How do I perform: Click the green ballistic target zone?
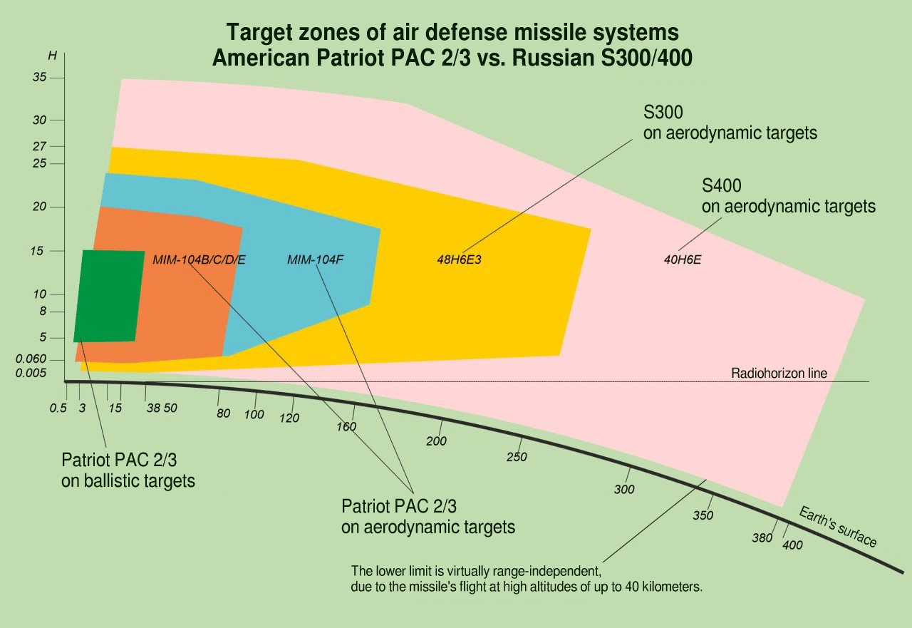click(x=109, y=296)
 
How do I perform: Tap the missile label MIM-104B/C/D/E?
click(x=199, y=259)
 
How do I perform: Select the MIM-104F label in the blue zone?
click(x=316, y=259)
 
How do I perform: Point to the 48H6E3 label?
click(x=460, y=259)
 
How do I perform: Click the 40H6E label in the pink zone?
click(x=683, y=259)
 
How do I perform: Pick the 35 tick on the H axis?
click(x=39, y=77)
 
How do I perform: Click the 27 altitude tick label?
click(x=39, y=146)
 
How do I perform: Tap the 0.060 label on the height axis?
click(x=31, y=359)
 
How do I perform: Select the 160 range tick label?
click(x=346, y=427)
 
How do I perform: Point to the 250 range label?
click(x=517, y=457)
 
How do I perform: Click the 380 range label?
click(x=762, y=537)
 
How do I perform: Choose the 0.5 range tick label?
click(x=58, y=408)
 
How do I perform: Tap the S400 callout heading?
click(x=722, y=187)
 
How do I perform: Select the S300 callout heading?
click(x=663, y=113)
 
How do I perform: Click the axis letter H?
click(x=52, y=55)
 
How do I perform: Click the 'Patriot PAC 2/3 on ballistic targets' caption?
click(x=128, y=470)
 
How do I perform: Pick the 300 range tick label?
click(x=624, y=490)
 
